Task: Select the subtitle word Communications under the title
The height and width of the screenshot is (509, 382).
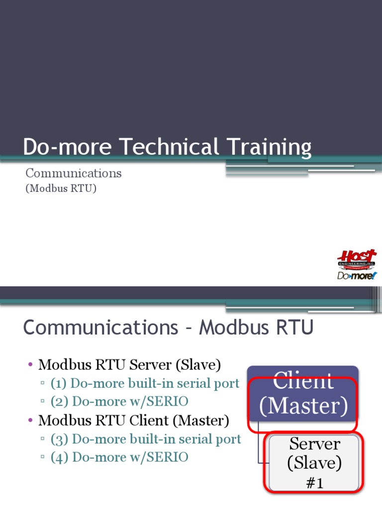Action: point(74,173)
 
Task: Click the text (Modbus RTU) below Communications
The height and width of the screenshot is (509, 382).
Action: point(61,189)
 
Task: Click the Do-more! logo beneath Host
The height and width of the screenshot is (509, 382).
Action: point(357,275)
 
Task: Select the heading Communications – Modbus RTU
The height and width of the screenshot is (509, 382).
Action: point(168,328)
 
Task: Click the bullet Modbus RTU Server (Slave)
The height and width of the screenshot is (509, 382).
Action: point(129,365)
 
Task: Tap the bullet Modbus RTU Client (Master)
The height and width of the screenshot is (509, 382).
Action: point(133,421)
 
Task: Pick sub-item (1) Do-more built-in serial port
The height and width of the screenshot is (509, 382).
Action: point(145,384)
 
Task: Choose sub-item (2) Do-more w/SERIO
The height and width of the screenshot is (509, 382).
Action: point(119,402)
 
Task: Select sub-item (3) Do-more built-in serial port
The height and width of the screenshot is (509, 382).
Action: point(145,439)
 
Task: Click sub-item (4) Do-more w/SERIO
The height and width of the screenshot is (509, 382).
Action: point(119,457)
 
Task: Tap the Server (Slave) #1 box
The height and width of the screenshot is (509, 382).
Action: point(314,462)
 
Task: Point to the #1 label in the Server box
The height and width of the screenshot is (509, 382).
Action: point(314,483)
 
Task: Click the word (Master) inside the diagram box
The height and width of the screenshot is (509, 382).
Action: point(302,406)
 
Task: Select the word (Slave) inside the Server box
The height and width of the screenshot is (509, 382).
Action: point(314,463)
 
